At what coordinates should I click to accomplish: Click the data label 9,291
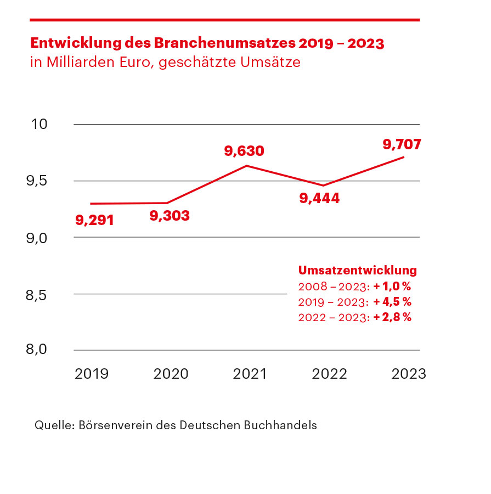click(x=94, y=221)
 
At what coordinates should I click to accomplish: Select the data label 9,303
click(x=170, y=216)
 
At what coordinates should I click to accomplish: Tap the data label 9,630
click(x=244, y=151)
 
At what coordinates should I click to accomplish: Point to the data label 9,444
click(x=319, y=198)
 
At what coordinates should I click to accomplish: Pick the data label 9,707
click(x=402, y=145)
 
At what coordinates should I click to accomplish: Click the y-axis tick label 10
click(x=39, y=124)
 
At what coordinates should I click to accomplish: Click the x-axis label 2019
click(x=92, y=374)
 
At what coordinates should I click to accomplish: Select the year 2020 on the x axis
click(x=171, y=374)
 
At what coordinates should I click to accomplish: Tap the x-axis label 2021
click(x=250, y=374)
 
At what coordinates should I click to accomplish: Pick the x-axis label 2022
click(x=329, y=374)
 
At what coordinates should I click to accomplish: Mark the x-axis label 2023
click(x=408, y=374)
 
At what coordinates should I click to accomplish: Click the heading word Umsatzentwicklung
click(x=357, y=271)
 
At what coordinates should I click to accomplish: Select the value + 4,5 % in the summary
click(x=392, y=302)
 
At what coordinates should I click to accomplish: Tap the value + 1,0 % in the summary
click(x=392, y=287)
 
